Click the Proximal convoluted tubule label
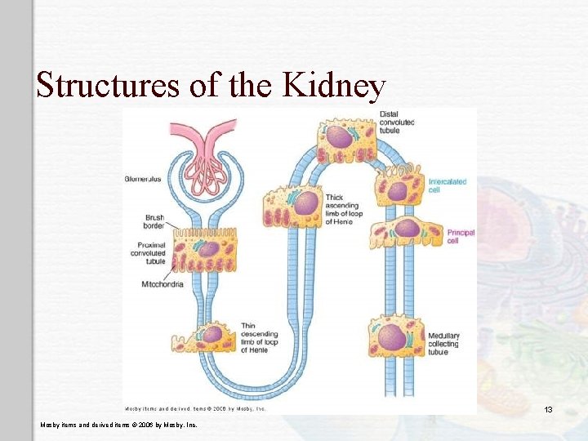148,253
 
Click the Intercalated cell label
448,185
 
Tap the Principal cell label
460,237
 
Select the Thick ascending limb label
343,209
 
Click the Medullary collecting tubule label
443,344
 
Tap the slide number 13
549,409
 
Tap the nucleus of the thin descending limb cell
212,333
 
